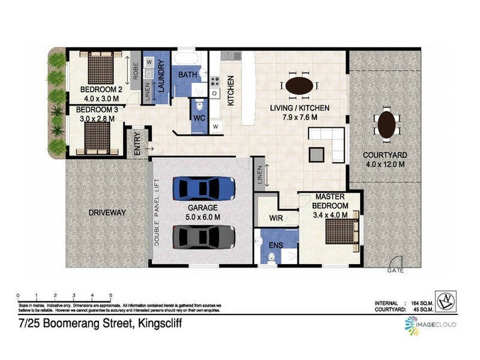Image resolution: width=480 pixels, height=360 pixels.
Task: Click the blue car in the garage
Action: (204, 188)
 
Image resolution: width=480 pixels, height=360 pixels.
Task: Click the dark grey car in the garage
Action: (204, 237)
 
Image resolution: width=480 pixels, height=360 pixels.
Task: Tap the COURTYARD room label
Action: (385, 155)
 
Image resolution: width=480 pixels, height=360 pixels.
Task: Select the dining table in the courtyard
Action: (386, 125)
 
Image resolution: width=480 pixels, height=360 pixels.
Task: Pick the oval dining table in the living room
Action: (299, 86)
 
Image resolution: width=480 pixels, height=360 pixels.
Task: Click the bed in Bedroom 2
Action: (101, 68)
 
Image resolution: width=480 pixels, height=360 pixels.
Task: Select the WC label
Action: (199, 118)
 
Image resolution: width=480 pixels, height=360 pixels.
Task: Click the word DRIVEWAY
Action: (107, 212)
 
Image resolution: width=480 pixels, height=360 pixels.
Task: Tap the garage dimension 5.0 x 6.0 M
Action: (202, 217)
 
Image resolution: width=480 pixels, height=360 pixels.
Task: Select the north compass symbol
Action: (445, 301)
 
